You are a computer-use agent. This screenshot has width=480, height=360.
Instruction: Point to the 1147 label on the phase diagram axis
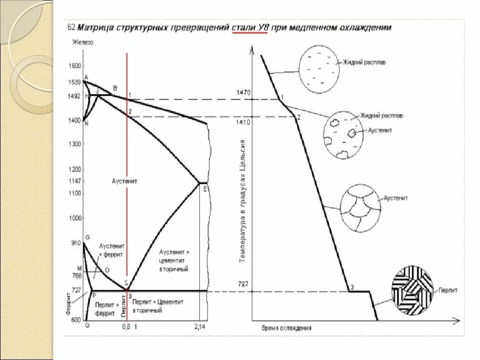click(75, 181)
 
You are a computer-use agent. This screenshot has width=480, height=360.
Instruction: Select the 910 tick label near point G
click(76, 243)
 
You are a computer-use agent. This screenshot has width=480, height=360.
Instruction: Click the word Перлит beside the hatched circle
click(449, 289)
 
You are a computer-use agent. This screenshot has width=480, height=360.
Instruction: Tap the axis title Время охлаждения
click(286, 328)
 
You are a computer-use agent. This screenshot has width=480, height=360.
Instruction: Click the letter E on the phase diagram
click(205, 188)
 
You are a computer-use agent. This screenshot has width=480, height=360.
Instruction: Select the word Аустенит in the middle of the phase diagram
click(125, 180)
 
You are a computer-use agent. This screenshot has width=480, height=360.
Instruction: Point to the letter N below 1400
click(86, 124)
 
